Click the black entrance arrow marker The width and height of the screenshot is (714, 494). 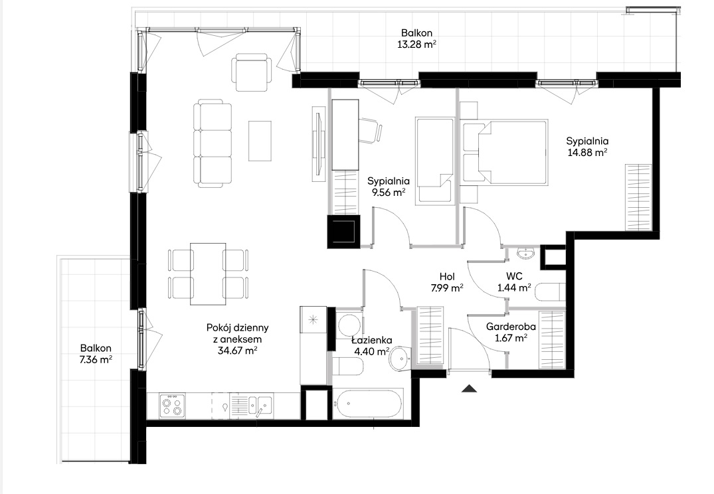469,388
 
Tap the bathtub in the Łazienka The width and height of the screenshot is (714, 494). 369,403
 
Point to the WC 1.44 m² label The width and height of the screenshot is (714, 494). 514,282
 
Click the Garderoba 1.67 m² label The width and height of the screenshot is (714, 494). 511,333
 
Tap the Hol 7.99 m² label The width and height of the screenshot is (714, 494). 447,282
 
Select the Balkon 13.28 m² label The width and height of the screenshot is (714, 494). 416,39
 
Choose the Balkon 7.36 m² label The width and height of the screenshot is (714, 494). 96,354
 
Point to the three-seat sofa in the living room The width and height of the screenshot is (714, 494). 212,144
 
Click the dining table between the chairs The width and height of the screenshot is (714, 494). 208,274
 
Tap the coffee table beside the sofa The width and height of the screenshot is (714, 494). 260,141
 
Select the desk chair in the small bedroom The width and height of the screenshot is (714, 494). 370,131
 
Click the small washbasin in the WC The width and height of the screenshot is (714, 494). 527,253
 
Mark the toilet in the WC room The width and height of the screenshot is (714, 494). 550,292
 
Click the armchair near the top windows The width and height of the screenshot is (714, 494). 252,73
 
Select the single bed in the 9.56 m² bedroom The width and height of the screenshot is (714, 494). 434,160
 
